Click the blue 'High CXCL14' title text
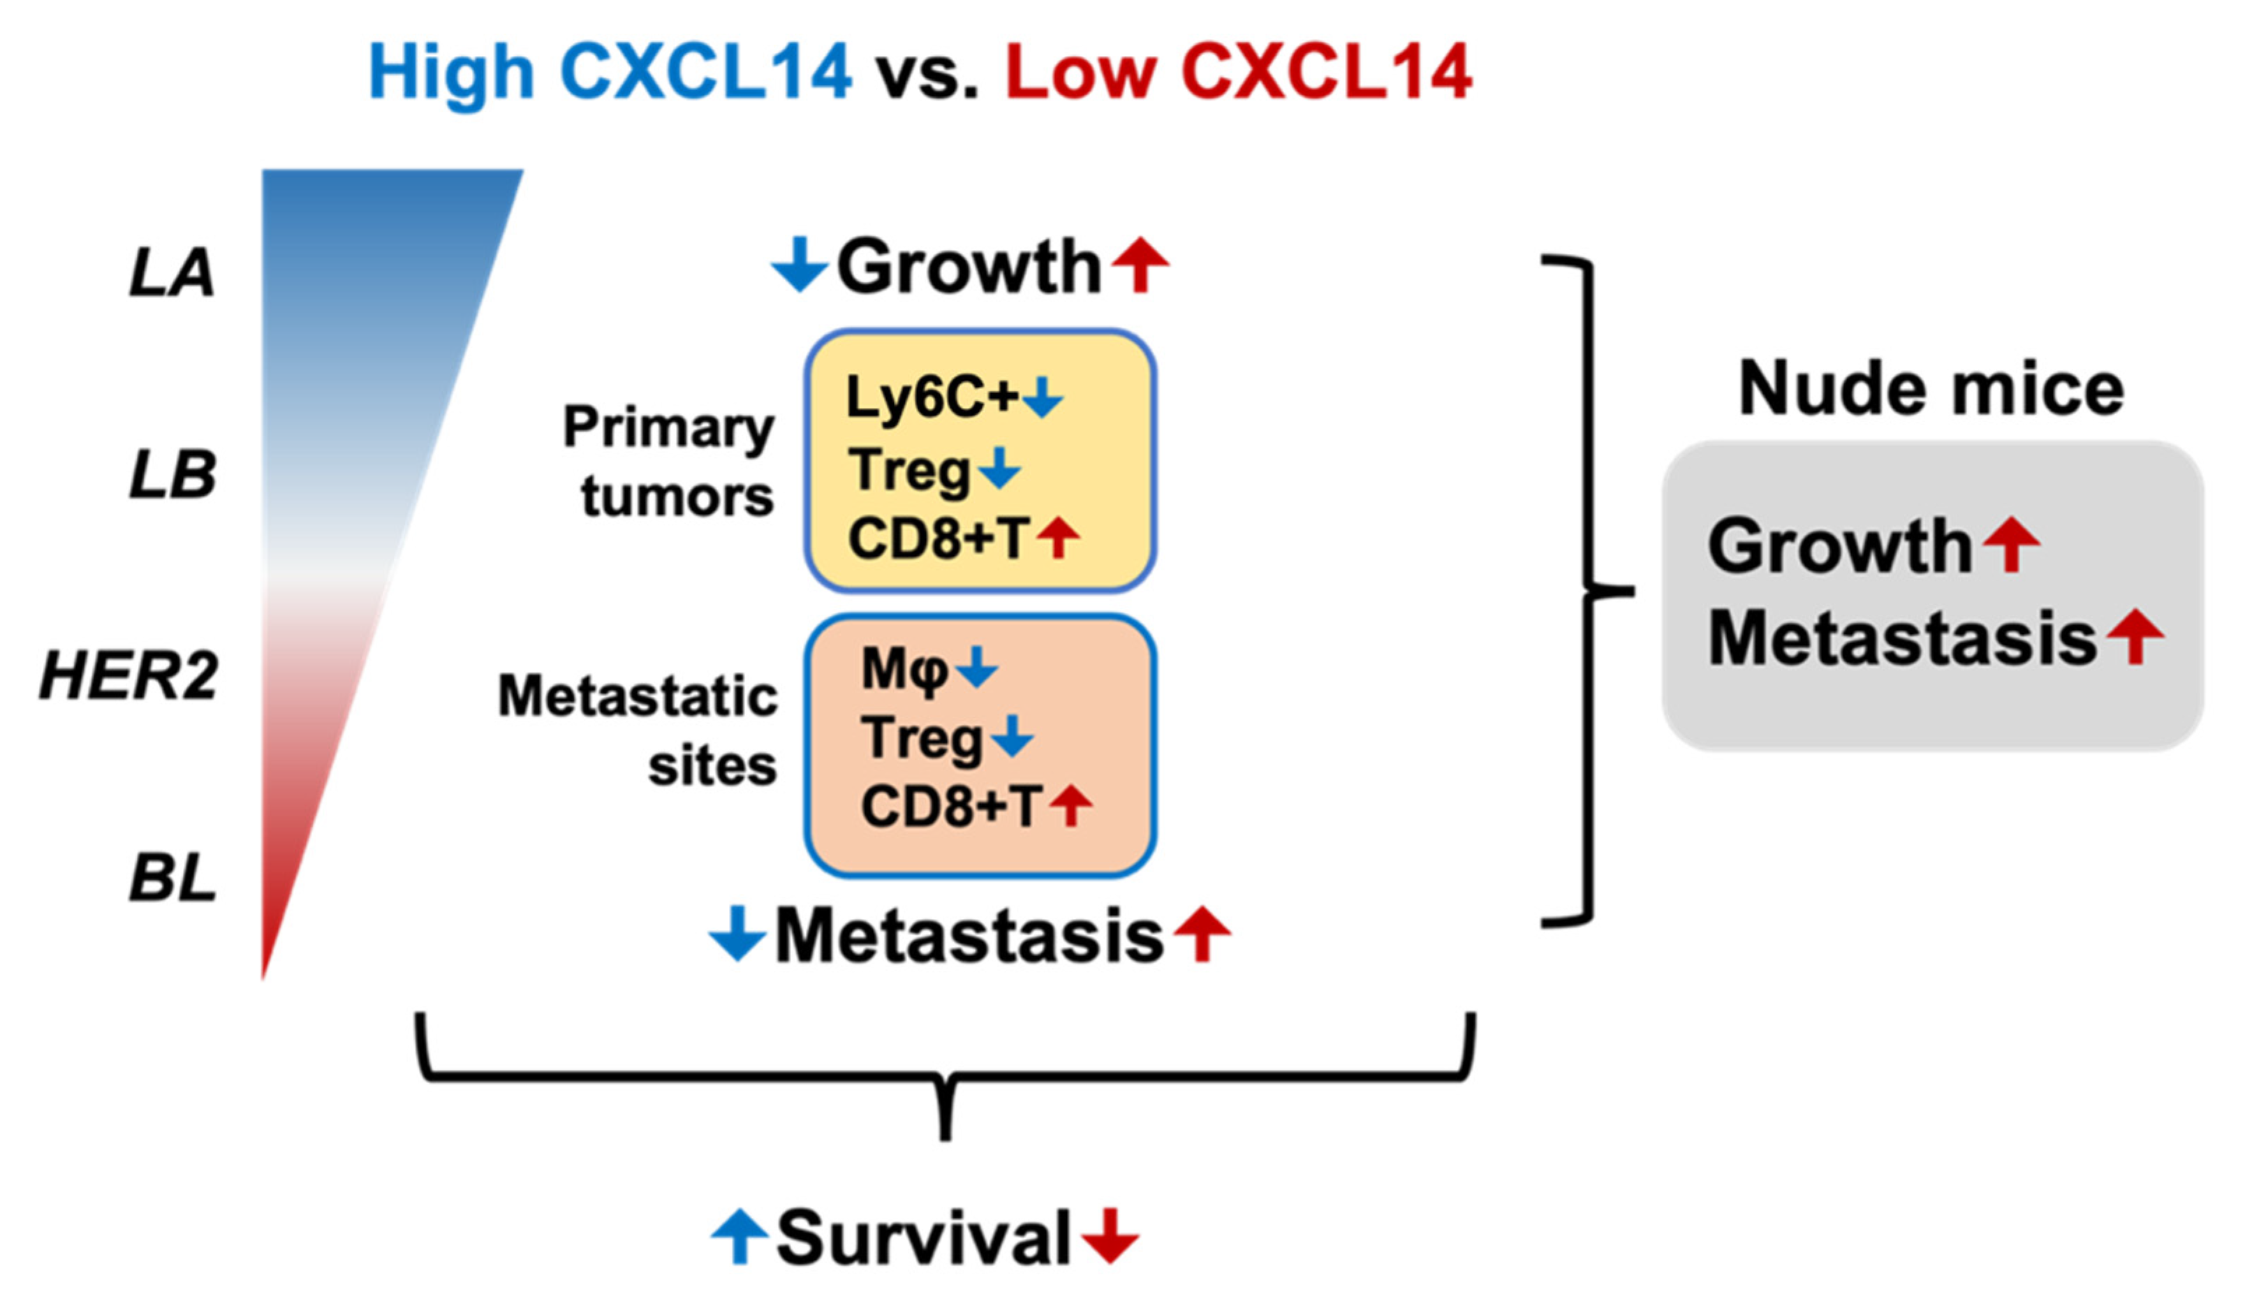point(610,73)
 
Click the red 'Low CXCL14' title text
point(1238,73)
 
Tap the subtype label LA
point(172,272)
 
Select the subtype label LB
point(173,475)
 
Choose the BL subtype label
point(173,879)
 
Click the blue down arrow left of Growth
point(799,265)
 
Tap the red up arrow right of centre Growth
point(1140,265)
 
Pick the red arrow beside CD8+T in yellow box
point(1059,538)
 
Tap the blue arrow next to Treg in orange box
point(1011,737)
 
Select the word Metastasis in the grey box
point(1902,638)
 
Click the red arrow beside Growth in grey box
point(2012,545)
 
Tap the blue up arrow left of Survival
point(739,1236)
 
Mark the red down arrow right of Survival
point(1109,1236)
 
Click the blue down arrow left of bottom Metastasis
point(737,934)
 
